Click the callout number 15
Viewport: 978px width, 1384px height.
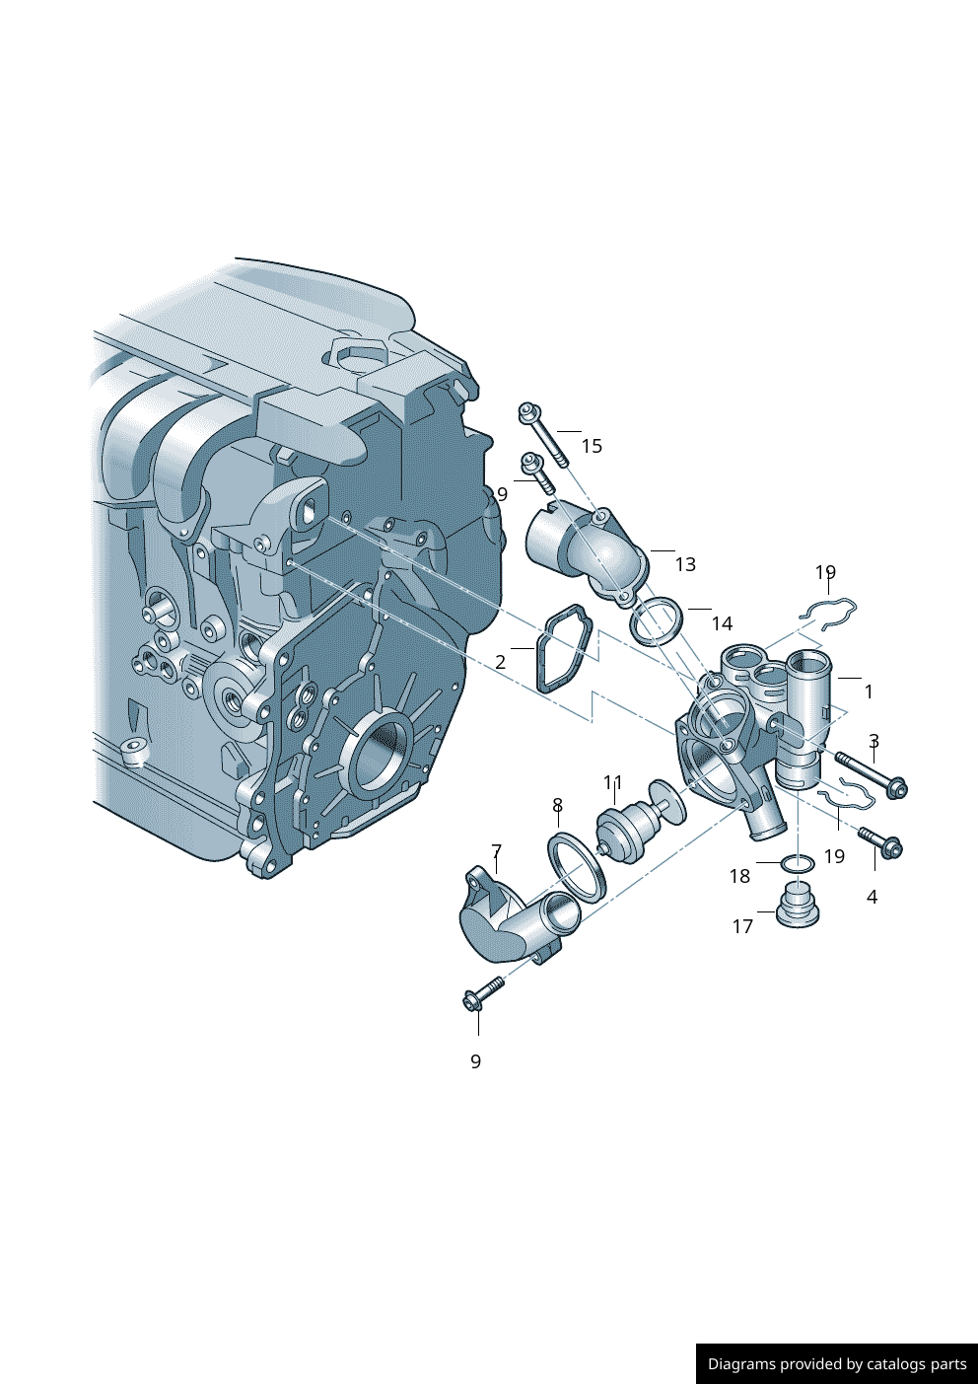tap(592, 446)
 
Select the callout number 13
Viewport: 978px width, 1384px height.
tap(685, 564)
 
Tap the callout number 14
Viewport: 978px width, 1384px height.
tap(722, 623)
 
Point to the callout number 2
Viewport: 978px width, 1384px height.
tap(500, 662)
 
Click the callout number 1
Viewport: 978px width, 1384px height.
tap(869, 692)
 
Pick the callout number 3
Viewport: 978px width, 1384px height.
tap(873, 740)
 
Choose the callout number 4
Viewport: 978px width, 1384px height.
tap(872, 897)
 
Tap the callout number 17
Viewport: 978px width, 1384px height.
tap(742, 927)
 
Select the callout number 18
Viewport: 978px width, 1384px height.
tap(739, 876)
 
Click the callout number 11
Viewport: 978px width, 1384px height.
tap(613, 782)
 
